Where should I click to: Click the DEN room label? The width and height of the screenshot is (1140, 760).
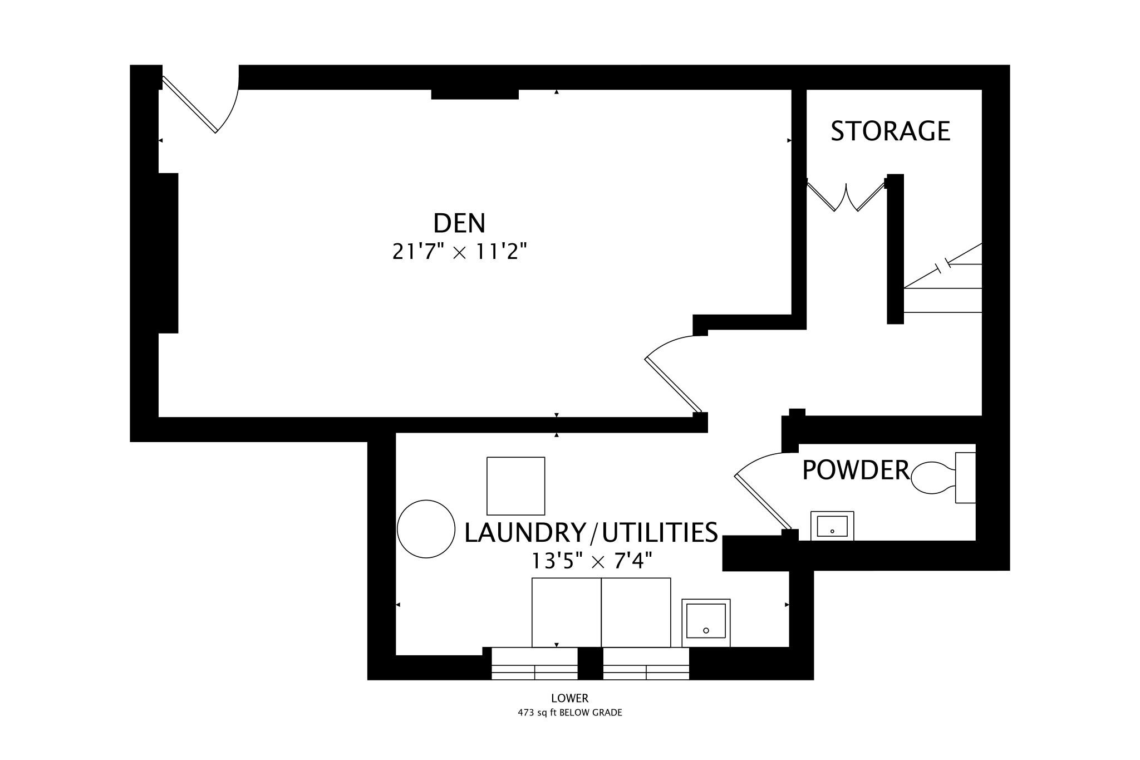[459, 223]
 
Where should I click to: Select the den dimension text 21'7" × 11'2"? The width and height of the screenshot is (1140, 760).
[459, 252]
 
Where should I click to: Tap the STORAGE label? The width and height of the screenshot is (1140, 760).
[890, 131]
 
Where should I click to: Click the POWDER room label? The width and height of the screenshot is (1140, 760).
[856, 470]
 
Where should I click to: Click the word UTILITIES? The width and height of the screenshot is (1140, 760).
[660, 533]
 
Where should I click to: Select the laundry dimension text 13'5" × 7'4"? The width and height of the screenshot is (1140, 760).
[592, 561]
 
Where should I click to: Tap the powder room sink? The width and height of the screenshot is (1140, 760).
[832, 526]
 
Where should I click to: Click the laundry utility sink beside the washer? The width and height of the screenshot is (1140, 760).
[706, 622]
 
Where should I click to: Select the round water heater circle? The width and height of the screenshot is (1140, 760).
[426, 529]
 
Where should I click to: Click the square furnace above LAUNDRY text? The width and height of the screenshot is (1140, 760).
[515, 486]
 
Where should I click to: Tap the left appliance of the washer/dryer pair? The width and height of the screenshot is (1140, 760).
[566, 612]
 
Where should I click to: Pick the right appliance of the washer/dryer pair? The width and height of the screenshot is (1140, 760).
[636, 612]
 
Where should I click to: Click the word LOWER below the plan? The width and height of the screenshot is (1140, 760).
[569, 698]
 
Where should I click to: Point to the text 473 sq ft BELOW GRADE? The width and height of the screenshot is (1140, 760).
[569, 713]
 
